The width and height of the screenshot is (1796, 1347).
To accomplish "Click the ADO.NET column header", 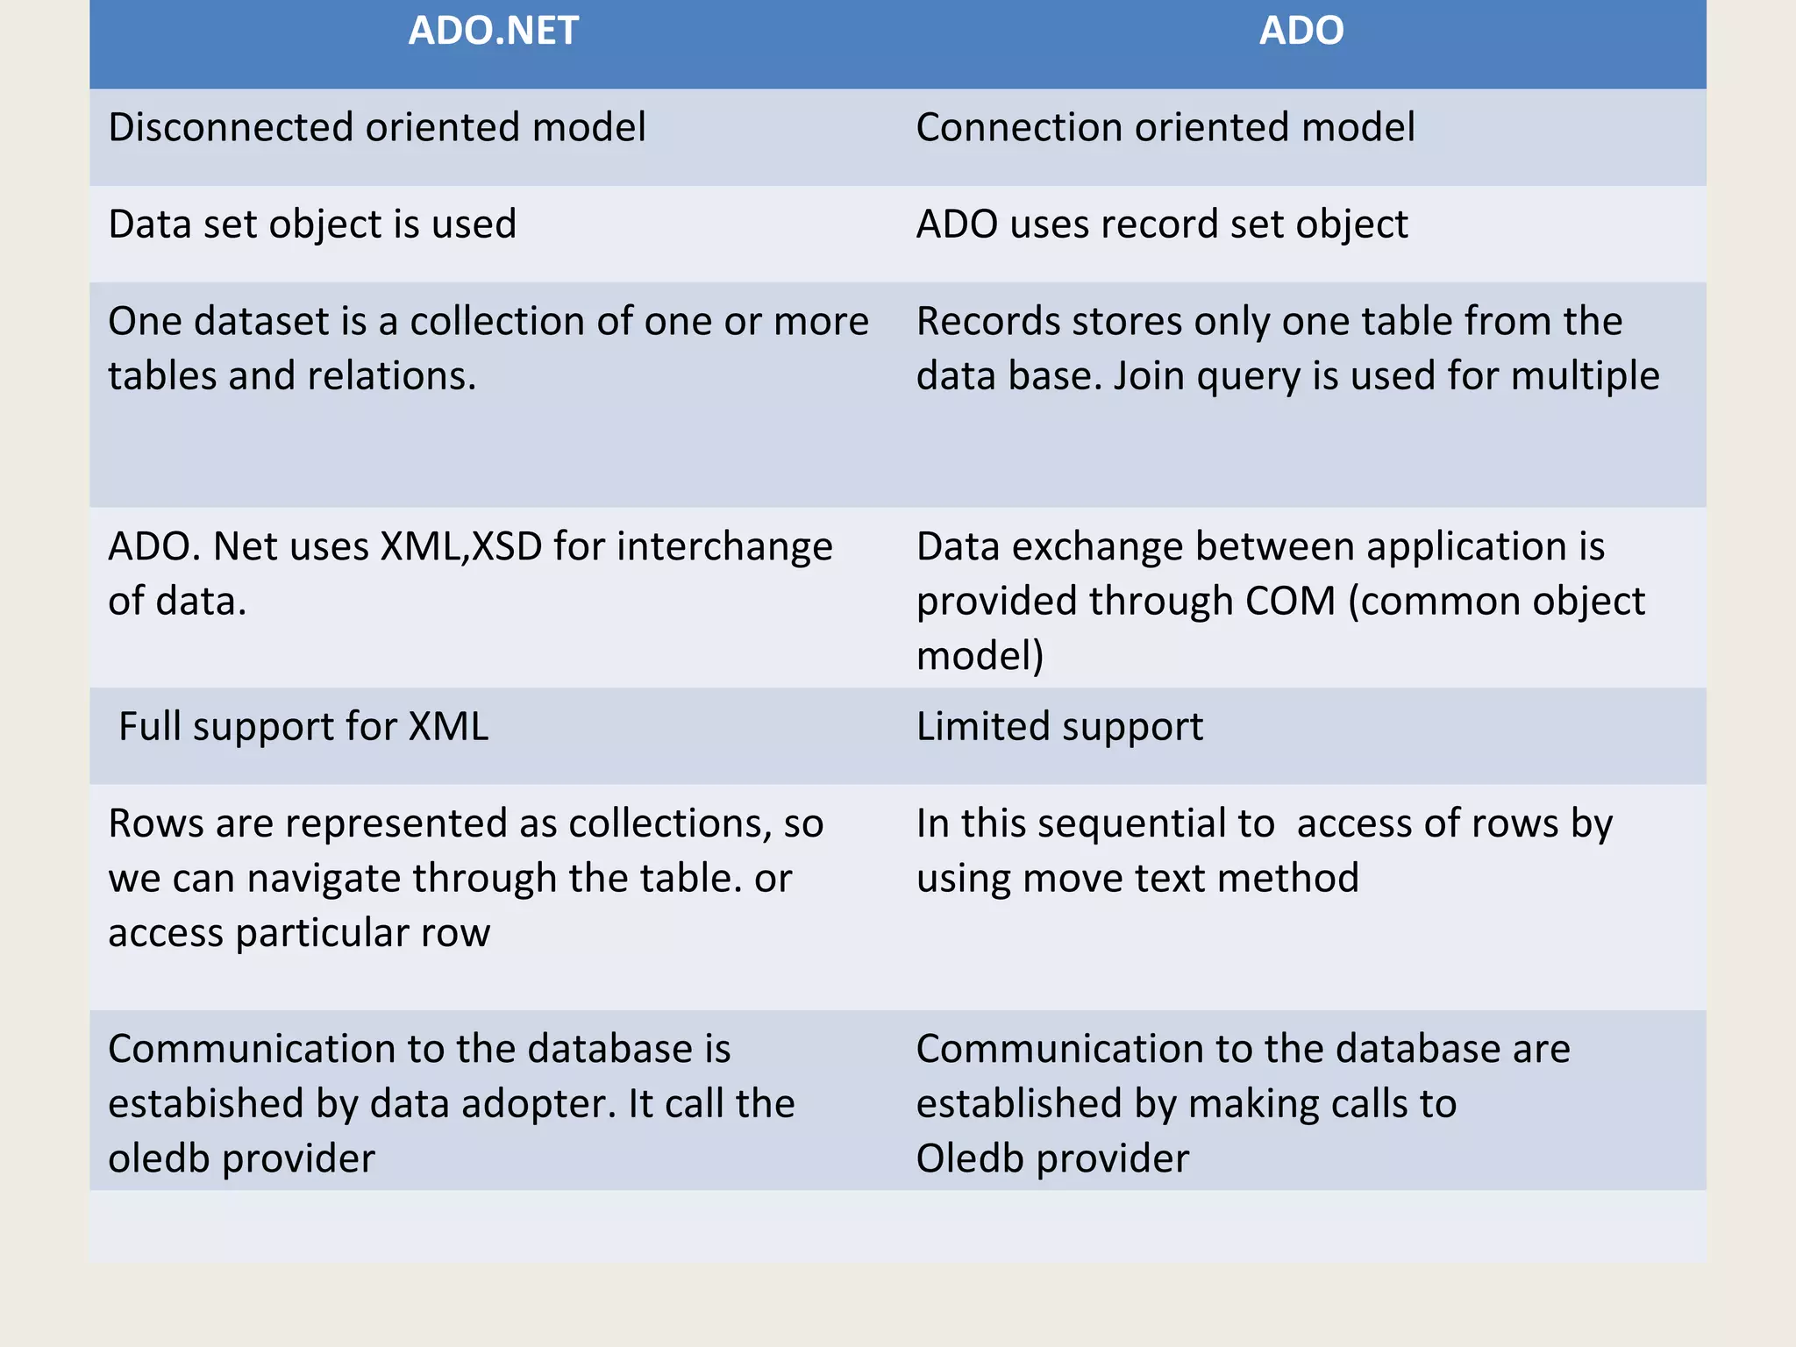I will point(493,32).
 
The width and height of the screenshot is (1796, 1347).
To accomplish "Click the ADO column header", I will point(1301,32).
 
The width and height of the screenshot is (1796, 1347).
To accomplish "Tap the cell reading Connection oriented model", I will point(1165,128).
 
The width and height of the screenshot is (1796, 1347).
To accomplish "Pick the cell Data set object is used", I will point(312,225).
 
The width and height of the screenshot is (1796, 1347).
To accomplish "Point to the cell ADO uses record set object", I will point(1162,225).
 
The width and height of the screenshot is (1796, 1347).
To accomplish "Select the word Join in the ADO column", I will point(1148,376).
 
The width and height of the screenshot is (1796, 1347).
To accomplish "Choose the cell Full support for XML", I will point(303,727).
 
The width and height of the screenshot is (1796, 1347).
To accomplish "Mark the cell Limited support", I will point(1059,727).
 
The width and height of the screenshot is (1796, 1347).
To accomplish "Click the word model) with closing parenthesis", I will point(980,657).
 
